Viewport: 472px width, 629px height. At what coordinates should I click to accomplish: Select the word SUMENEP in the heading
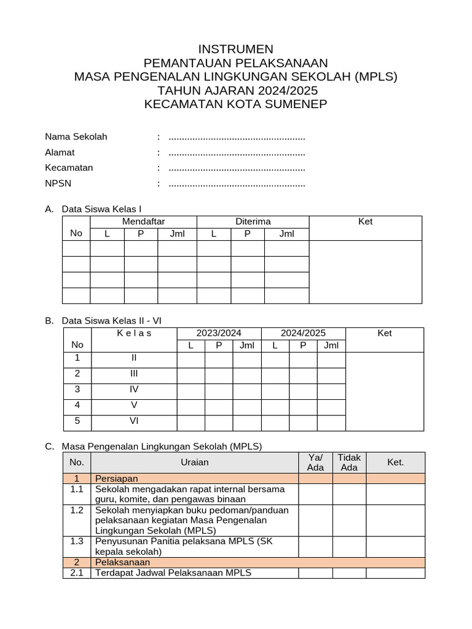294,104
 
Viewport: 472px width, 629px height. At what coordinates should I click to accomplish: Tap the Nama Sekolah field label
76,136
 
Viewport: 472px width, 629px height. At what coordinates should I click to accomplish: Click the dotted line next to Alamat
237,152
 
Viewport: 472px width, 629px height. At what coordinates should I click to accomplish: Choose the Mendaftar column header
143,221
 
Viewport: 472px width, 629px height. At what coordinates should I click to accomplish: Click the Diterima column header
253,221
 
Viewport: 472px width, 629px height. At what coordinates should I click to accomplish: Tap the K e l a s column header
133,333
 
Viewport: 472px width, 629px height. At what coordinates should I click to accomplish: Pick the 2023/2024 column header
219,333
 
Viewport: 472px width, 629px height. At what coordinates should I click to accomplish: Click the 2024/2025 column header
303,333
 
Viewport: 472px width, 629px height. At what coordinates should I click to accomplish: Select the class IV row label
133,389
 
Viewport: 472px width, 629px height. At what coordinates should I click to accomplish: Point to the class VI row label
133,421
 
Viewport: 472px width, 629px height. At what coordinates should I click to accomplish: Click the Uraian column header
195,463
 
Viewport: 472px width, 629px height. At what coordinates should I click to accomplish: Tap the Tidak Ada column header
349,463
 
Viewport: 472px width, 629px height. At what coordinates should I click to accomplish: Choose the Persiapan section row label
116,479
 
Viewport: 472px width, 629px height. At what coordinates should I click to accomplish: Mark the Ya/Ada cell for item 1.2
315,520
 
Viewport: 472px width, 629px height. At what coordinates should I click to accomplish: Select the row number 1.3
77,541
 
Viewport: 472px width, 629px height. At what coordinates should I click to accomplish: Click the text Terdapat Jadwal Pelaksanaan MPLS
173,573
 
